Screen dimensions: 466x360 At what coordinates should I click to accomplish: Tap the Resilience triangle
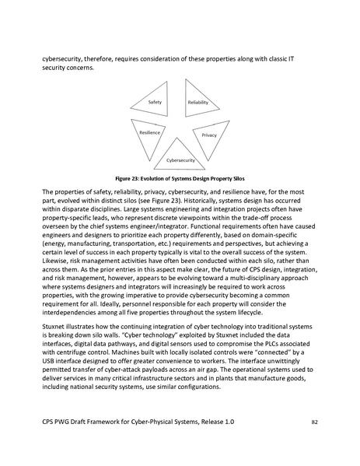coord(149,134)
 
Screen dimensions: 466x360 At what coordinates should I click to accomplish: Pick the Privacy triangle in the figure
coord(208,135)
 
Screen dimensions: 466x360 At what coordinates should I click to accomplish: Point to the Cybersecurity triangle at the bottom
coord(179,157)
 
